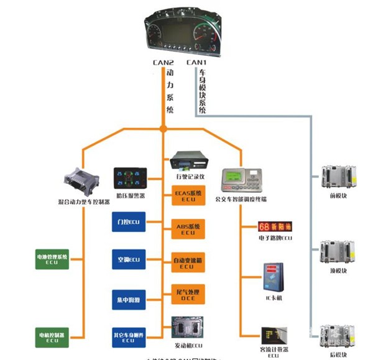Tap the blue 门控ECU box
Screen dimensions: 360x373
128,222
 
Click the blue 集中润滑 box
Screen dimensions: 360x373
128,297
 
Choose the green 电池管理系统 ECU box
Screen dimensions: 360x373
52,258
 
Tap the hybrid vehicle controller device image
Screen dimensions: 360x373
80,181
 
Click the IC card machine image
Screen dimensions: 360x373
274,275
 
